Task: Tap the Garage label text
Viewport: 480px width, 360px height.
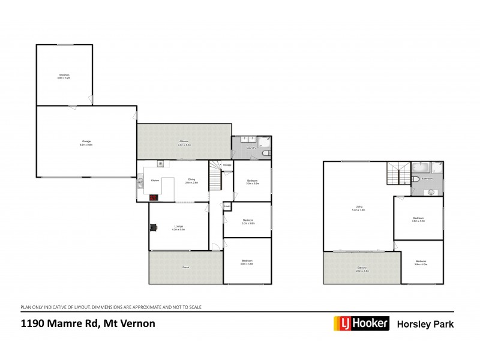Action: point(86,143)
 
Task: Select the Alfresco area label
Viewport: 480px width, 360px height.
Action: point(184,142)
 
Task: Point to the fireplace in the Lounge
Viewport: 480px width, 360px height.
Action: point(154,227)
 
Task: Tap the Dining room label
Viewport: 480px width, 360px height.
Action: point(191,179)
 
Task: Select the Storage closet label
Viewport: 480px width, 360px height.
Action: point(227,165)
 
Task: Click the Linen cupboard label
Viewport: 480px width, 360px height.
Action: point(227,207)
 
